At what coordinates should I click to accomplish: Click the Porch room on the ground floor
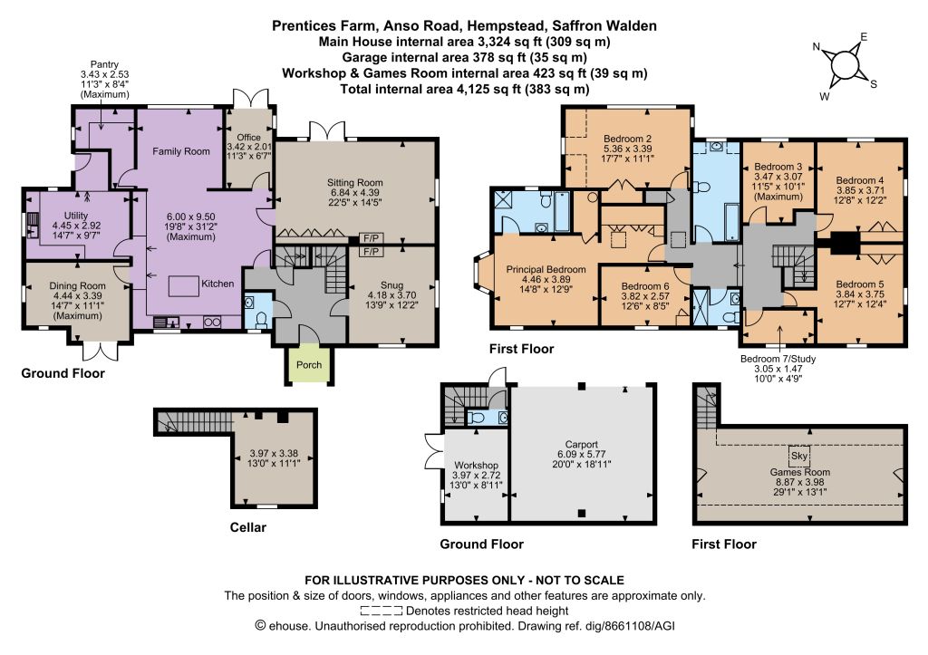[x=309, y=364]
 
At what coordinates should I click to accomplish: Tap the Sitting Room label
[x=355, y=183]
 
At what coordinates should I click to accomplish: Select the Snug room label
[x=391, y=285]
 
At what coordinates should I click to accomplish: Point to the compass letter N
[x=817, y=47]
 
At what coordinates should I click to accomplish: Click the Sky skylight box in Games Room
[x=799, y=456]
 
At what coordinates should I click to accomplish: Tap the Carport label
[x=581, y=444]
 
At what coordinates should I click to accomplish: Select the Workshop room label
[x=476, y=466]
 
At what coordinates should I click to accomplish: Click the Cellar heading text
[x=248, y=527]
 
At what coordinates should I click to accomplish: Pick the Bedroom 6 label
[x=645, y=285]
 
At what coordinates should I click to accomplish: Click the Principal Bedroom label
[x=546, y=269]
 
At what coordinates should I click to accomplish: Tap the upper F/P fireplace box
[x=372, y=238]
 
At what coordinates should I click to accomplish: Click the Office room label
[x=248, y=138]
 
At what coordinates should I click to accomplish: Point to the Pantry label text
[x=104, y=64]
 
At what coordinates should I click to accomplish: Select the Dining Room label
[x=77, y=285]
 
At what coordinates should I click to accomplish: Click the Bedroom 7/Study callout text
[x=778, y=359]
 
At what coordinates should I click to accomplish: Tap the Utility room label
[x=76, y=216]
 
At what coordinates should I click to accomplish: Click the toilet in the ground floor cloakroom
[x=260, y=320]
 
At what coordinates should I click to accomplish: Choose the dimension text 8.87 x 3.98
[x=800, y=482]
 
